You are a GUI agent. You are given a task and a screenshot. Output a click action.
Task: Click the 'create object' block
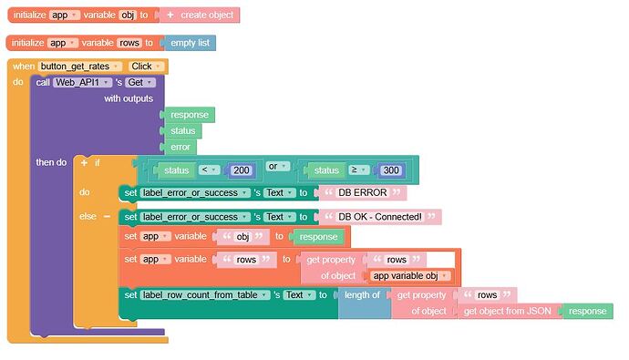(x=205, y=15)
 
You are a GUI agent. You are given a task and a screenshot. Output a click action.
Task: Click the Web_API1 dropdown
(x=82, y=82)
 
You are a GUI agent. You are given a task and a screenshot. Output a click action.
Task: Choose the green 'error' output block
(x=182, y=147)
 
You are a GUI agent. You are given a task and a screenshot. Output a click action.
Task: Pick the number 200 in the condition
(x=242, y=170)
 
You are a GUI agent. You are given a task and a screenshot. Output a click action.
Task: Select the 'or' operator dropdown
(x=277, y=167)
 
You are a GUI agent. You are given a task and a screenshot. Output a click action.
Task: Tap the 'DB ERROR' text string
(x=361, y=192)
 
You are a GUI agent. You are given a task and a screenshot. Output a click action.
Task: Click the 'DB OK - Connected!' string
(x=380, y=217)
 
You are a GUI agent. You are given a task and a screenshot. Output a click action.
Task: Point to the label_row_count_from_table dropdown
(x=205, y=294)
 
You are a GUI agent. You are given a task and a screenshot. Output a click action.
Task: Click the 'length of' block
(x=361, y=294)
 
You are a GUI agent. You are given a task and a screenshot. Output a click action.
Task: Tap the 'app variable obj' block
(x=411, y=276)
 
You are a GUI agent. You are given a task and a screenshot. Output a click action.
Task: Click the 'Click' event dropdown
(x=144, y=67)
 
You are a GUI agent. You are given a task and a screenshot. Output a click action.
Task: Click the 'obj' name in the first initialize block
(x=129, y=15)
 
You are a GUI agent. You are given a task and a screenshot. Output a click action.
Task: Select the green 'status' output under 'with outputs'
(x=182, y=130)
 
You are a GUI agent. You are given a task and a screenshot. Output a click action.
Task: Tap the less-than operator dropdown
(x=207, y=170)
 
